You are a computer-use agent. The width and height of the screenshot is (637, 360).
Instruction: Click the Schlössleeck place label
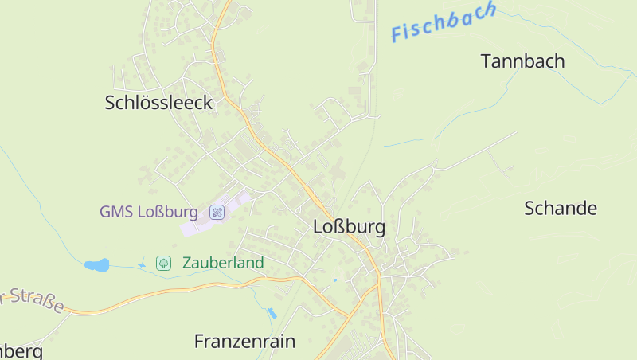click(158, 102)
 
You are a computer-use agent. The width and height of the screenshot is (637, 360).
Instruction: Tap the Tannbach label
click(522, 61)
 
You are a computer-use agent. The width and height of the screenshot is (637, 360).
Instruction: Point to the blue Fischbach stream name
click(444, 22)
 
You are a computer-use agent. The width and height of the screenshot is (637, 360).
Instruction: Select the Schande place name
click(561, 209)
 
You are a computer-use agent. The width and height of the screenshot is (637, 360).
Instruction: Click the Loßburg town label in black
click(349, 227)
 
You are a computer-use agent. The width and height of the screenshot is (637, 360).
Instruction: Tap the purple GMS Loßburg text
click(148, 212)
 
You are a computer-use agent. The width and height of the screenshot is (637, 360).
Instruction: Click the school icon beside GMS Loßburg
click(217, 212)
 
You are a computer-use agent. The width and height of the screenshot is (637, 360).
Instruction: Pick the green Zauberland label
click(223, 263)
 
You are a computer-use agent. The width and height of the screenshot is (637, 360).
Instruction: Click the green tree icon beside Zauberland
click(163, 263)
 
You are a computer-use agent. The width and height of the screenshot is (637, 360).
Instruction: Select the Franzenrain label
click(244, 342)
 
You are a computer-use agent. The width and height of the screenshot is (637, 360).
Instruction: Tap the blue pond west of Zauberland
click(97, 264)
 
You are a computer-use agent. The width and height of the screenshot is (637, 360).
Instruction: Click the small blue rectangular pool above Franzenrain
click(272, 313)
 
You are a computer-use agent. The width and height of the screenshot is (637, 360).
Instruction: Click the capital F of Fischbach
click(397, 33)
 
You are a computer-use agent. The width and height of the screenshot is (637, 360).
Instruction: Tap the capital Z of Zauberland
click(188, 263)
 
